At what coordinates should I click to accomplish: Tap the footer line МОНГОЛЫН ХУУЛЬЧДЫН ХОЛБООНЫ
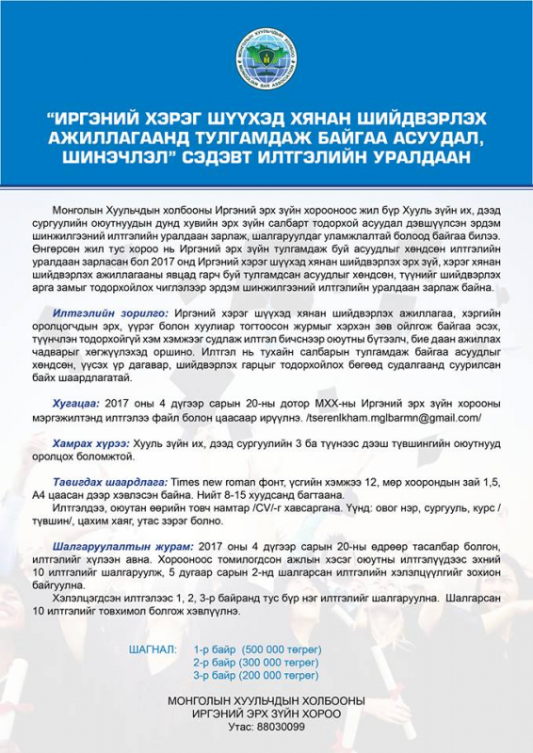coord(266,701)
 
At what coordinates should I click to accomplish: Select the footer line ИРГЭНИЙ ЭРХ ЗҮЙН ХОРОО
coord(266,713)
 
